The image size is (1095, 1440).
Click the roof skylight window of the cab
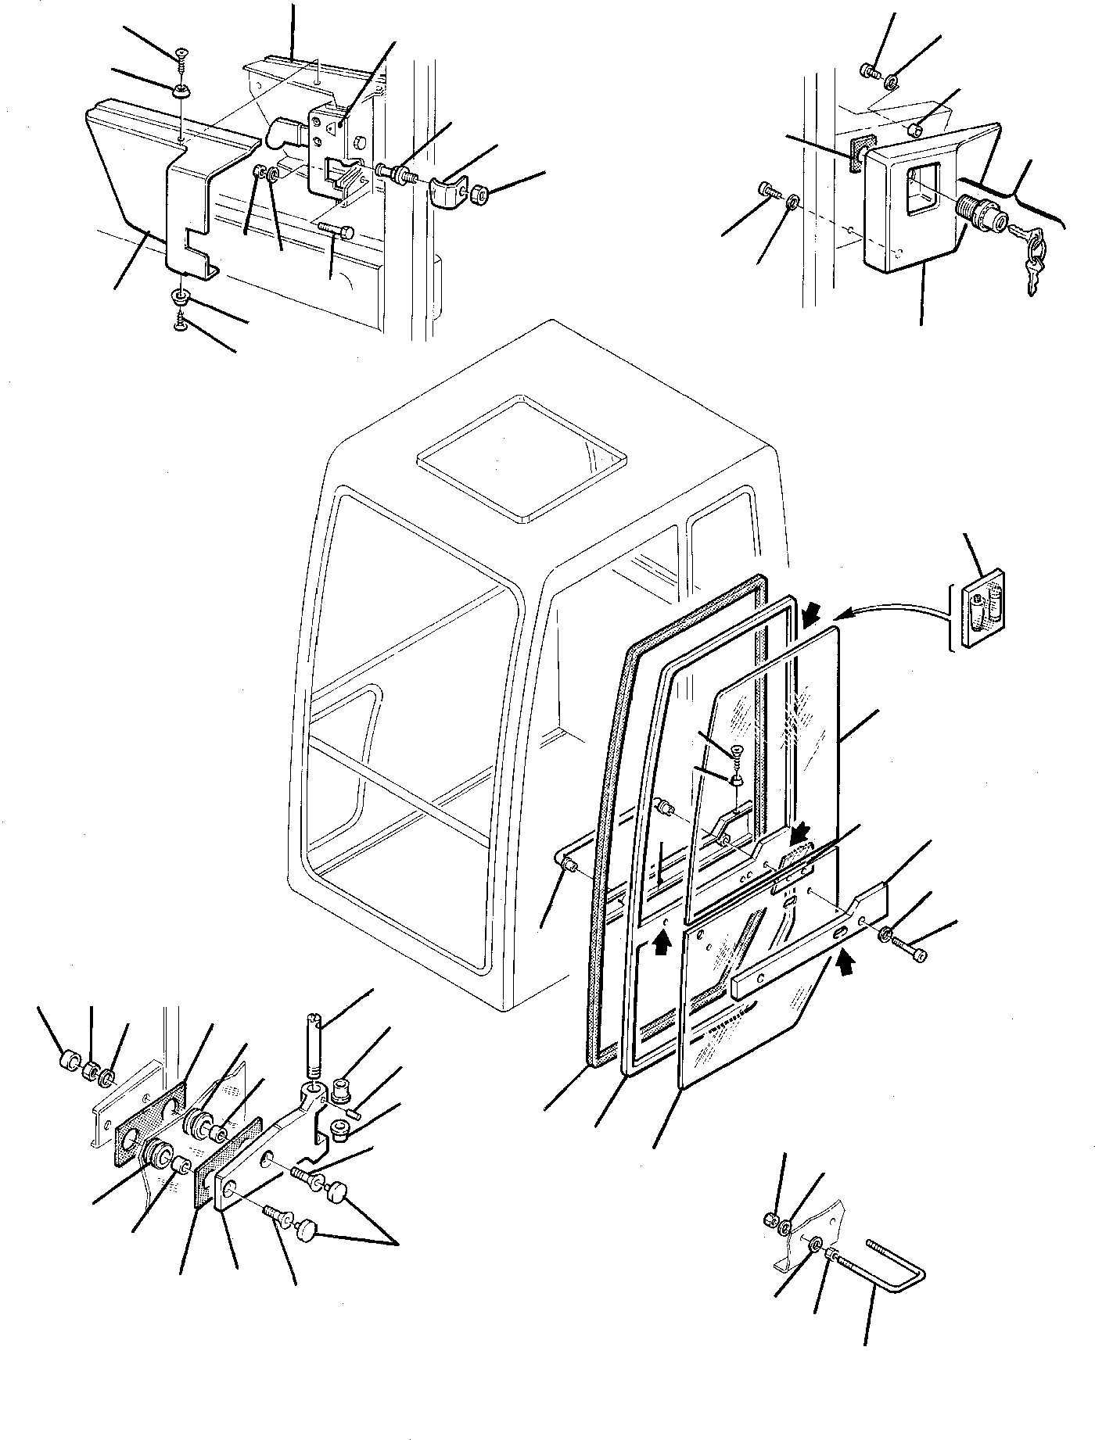click(x=522, y=457)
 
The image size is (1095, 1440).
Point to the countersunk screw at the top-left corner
click(x=181, y=53)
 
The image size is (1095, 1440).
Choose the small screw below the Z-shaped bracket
click(x=181, y=318)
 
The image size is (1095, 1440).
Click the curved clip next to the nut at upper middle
click(x=445, y=192)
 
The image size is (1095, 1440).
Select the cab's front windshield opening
click(x=407, y=704)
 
